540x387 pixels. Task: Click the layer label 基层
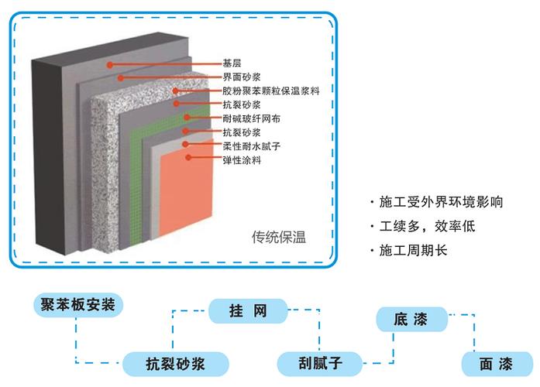point(232,63)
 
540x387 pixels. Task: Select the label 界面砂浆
point(240,77)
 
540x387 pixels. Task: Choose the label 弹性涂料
point(240,160)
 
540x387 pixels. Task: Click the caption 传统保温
point(279,237)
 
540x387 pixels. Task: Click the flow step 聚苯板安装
point(77,304)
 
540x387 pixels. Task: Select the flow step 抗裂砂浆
point(175,361)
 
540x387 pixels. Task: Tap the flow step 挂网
point(248,312)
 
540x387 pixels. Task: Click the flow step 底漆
point(411,317)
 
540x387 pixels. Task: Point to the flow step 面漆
point(497,362)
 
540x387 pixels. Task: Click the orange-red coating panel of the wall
point(190,193)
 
